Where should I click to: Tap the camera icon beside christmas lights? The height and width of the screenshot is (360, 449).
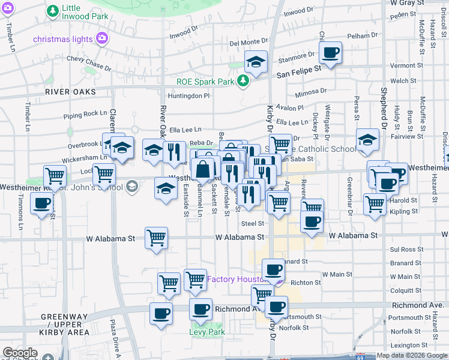(101, 39)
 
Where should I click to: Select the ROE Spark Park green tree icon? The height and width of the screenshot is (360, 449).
(243, 81)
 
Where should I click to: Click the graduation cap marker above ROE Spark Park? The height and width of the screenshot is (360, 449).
(256, 62)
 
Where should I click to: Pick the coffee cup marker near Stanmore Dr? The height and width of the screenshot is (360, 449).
(330, 53)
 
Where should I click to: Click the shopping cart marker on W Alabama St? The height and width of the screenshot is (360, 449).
(156, 237)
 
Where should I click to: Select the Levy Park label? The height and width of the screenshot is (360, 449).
(207, 332)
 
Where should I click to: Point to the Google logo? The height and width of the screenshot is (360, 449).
(20, 353)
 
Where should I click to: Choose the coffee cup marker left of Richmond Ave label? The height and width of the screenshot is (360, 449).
(201, 309)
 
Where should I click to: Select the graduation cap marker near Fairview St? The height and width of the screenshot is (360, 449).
(367, 141)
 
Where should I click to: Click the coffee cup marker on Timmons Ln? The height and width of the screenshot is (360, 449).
(41, 203)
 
